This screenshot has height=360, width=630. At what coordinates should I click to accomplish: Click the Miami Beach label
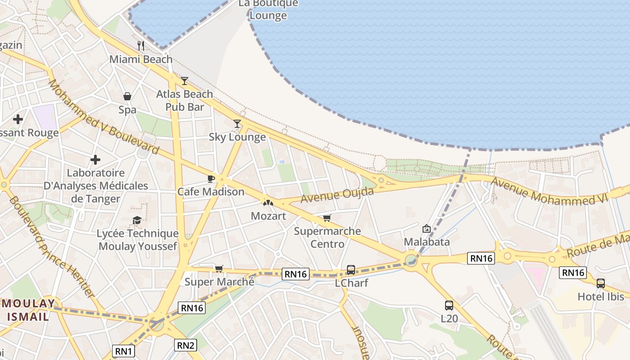[x=141, y=59]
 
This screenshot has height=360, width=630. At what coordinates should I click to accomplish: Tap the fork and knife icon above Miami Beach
[x=141, y=45]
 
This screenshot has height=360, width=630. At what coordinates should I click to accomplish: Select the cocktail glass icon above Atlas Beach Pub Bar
[x=184, y=81]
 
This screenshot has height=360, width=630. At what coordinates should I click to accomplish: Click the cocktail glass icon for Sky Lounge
[x=237, y=124]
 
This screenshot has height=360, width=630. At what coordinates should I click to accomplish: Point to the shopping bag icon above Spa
[x=127, y=96]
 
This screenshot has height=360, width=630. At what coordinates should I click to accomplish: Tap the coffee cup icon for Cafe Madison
[x=210, y=179]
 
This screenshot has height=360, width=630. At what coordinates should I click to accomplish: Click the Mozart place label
[x=268, y=216]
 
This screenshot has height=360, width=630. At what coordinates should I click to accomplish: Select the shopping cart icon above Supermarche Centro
[x=327, y=218]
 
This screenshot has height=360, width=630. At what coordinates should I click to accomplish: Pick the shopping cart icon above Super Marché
[x=219, y=269]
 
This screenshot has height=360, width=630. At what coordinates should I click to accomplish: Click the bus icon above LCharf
[x=351, y=270]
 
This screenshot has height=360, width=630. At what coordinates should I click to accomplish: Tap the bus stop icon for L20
[x=449, y=306]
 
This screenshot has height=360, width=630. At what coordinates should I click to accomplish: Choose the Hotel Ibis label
[x=601, y=297]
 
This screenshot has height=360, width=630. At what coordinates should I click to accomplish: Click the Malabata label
[x=427, y=242]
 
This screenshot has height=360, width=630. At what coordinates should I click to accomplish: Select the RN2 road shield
[x=185, y=345]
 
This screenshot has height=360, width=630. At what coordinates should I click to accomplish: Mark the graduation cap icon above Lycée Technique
[x=137, y=220]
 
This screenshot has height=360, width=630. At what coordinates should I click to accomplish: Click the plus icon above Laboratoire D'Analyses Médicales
[x=95, y=160]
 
